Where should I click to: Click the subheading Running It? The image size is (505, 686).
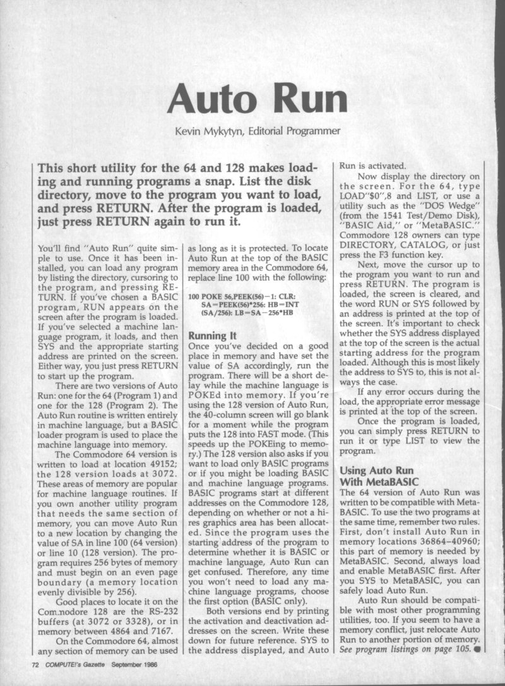click(211, 336)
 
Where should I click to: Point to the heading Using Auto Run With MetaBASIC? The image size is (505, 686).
click(377, 476)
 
